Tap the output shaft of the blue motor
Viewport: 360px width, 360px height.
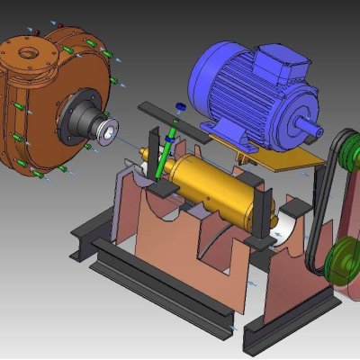click(x=311, y=119)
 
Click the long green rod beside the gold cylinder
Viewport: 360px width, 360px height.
click(x=164, y=153)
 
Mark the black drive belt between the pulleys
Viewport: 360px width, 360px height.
click(x=319, y=207)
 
